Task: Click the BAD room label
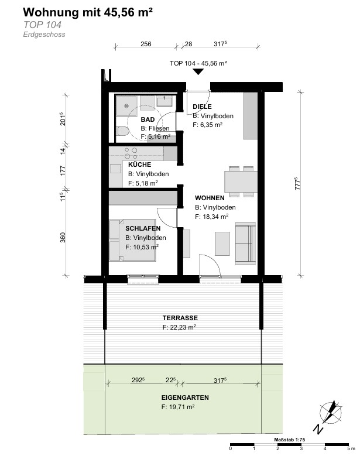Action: (x=148, y=119)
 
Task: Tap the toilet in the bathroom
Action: (x=122, y=131)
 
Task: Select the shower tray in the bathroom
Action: (x=128, y=106)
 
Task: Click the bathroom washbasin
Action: (x=164, y=101)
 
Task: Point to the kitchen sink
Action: (x=115, y=169)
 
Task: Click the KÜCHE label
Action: (x=139, y=164)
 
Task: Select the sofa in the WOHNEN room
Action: (x=245, y=244)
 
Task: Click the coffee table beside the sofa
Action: (x=222, y=244)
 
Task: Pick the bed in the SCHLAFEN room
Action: (x=132, y=240)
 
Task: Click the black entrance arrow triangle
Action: (x=198, y=71)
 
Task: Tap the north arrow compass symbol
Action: (x=330, y=413)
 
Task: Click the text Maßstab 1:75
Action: (x=289, y=440)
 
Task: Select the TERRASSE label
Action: (x=180, y=318)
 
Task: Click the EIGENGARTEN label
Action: (x=185, y=397)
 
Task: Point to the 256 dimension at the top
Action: (x=146, y=44)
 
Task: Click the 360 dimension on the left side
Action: (x=63, y=237)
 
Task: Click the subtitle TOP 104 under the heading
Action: (x=43, y=25)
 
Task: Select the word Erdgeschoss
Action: (x=44, y=35)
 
